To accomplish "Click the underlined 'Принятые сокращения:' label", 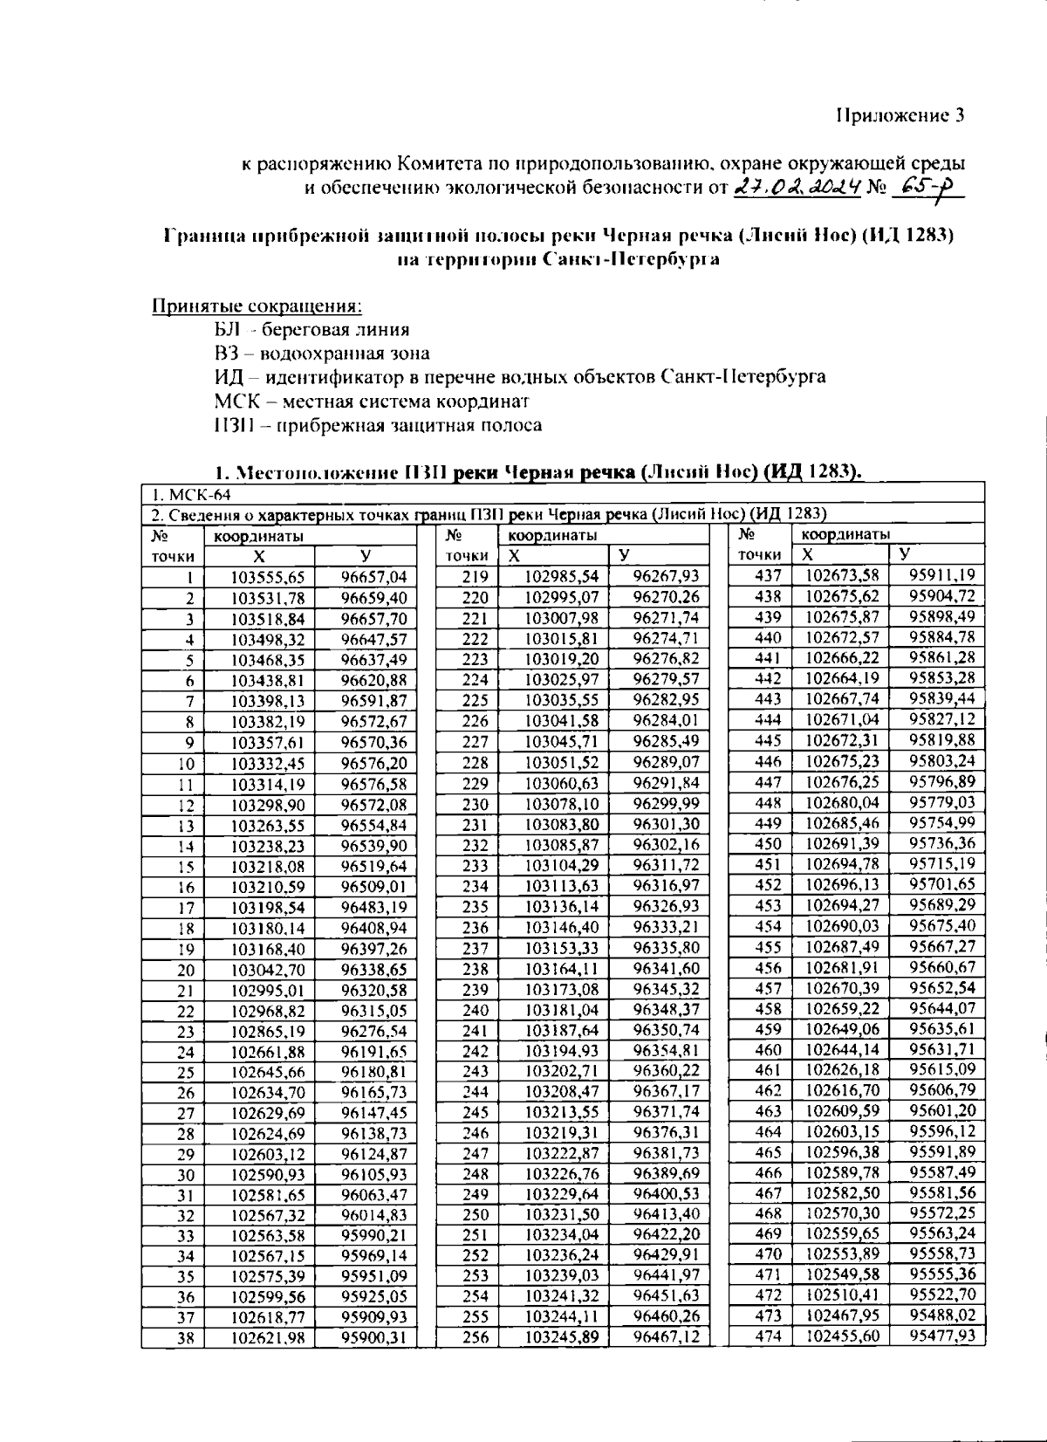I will point(257,306).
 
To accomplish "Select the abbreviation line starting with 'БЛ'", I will point(311,330).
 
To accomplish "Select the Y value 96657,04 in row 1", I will point(373,577).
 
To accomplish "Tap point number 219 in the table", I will point(476,577).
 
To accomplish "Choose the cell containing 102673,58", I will point(842,575).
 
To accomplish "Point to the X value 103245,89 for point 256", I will point(561,1337).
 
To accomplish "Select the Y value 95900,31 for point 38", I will point(373,1337).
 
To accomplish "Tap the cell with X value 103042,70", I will point(268,970).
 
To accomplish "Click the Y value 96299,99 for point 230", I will point(666,804).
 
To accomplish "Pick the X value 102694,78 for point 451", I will point(842,864).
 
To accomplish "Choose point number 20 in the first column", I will point(186,971).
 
